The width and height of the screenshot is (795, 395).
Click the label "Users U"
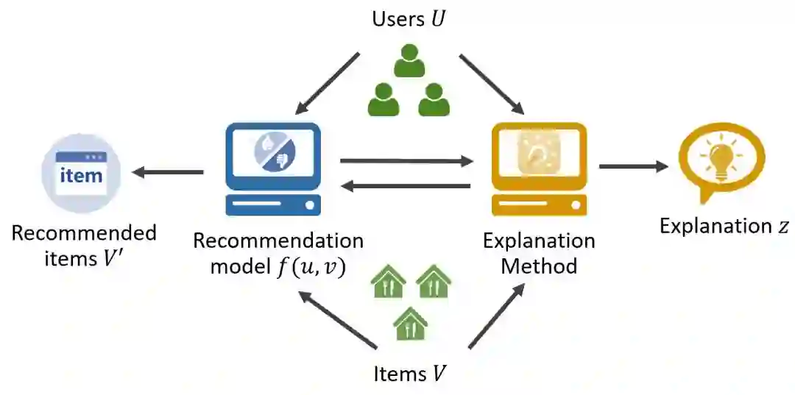pos(409,18)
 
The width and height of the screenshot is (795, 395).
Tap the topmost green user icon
pos(409,61)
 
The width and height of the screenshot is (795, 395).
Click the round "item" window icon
pos(81,174)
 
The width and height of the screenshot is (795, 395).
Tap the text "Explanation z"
pos(724,226)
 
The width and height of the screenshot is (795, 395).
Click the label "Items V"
pos(409,374)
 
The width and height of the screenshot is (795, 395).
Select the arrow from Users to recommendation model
pos(328,83)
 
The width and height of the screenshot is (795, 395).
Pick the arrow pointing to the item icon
pos(168,173)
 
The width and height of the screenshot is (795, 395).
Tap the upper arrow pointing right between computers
pos(406,160)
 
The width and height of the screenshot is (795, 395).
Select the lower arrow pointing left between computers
pos(406,187)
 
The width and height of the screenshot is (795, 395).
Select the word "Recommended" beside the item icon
pos(84,234)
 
